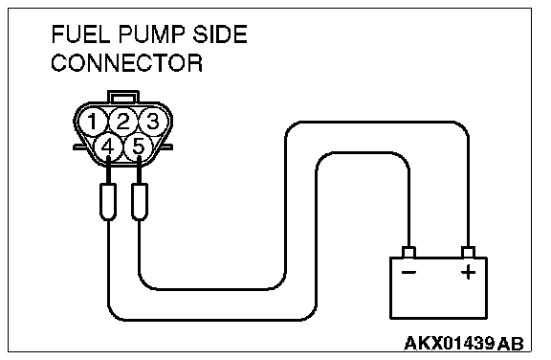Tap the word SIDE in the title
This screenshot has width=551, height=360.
pos(220,34)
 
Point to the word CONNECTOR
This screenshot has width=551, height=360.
pos(127,63)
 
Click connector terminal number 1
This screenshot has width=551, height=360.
pos(93,122)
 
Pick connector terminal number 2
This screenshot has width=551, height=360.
pos(123,122)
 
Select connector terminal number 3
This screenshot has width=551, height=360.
pos(153,122)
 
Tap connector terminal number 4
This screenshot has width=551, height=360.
pos(108,146)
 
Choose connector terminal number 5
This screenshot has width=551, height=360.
pos(139,146)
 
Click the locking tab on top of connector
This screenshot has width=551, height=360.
pos(123,97)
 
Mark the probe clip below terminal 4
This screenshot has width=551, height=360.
pos(108,202)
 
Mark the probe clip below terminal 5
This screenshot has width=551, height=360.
pos(140,202)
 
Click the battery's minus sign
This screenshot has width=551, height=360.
pos(408,273)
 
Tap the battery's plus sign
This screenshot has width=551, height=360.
pos(468,272)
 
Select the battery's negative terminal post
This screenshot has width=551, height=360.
pos(408,252)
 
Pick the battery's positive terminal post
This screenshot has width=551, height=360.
pos(468,252)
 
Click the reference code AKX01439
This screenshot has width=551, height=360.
pos(450,343)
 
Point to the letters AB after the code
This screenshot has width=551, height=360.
pos(511,344)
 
